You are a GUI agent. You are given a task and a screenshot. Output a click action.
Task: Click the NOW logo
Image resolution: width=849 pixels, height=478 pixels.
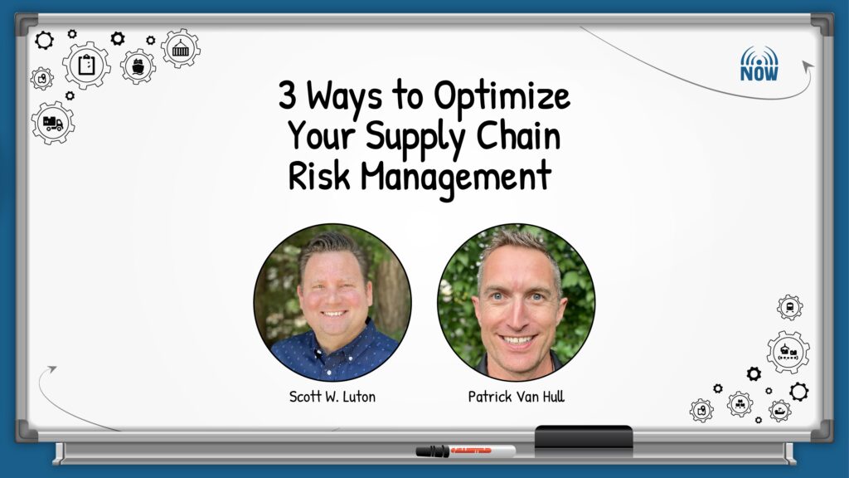click(x=759, y=64)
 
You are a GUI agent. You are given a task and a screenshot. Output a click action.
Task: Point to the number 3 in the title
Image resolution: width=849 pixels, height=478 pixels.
click(x=288, y=95)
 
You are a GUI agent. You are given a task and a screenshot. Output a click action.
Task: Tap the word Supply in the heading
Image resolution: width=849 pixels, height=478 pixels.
click(x=415, y=139)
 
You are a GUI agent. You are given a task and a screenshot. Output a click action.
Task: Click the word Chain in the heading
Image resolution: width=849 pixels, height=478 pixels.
click(x=518, y=135)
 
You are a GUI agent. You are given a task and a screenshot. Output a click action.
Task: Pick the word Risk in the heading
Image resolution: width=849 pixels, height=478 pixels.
click(x=319, y=176)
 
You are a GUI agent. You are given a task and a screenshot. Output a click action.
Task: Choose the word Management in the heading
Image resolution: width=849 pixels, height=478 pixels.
click(x=456, y=178)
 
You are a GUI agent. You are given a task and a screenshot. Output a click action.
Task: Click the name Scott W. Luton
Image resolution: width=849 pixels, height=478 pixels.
click(x=332, y=397)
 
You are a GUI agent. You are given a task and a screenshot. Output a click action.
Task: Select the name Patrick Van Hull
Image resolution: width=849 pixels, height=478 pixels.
click(x=516, y=397)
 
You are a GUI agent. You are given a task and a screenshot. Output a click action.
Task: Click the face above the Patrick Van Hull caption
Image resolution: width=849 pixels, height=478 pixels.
click(x=517, y=304)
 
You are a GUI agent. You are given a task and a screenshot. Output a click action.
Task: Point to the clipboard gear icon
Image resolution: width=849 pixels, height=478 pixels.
click(x=86, y=65)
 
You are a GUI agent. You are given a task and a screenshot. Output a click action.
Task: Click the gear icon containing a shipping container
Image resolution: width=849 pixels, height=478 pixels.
click(x=180, y=49)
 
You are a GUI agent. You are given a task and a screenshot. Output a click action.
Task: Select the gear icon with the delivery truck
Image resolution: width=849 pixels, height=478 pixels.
click(x=53, y=123)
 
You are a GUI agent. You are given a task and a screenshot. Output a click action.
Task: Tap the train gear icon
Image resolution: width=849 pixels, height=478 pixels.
click(x=790, y=307)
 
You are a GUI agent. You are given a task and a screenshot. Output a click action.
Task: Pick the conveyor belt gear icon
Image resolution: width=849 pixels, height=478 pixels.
click(x=788, y=352)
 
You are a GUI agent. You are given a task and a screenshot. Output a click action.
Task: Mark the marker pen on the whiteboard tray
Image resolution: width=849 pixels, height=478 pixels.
click(x=466, y=451)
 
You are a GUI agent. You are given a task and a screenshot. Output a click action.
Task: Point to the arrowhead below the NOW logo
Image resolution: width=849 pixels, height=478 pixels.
click(x=808, y=66)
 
